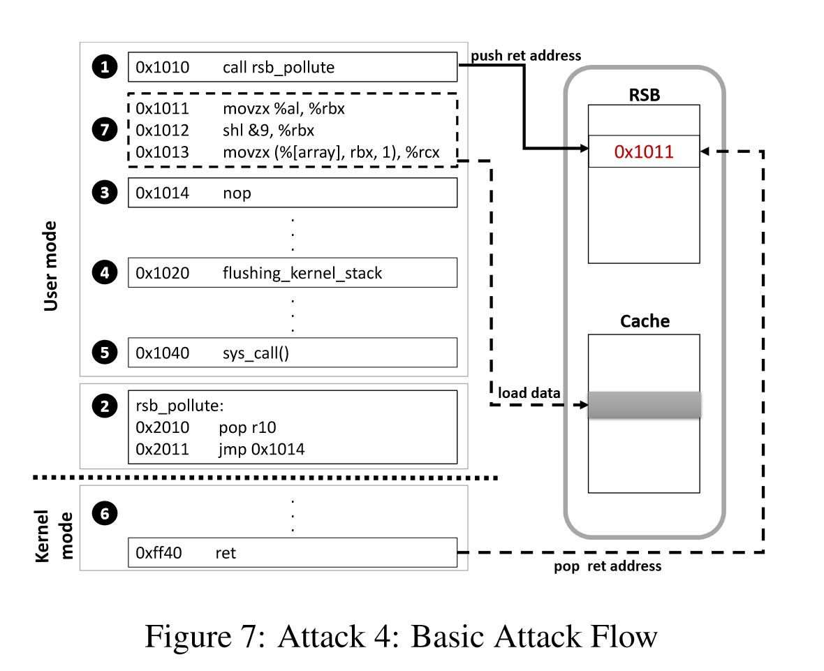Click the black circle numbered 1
(104, 67)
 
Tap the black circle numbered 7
(104, 130)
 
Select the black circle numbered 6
(104, 515)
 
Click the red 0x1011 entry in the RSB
(643, 152)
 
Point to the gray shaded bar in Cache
(643, 405)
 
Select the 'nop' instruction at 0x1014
(237, 193)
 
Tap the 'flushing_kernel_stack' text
(302, 273)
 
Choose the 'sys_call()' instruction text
(256, 353)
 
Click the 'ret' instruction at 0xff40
(226, 553)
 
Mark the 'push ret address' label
(525, 54)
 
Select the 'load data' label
(529, 393)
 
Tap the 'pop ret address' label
(608, 566)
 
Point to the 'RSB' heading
(643, 95)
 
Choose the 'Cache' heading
(644, 321)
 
